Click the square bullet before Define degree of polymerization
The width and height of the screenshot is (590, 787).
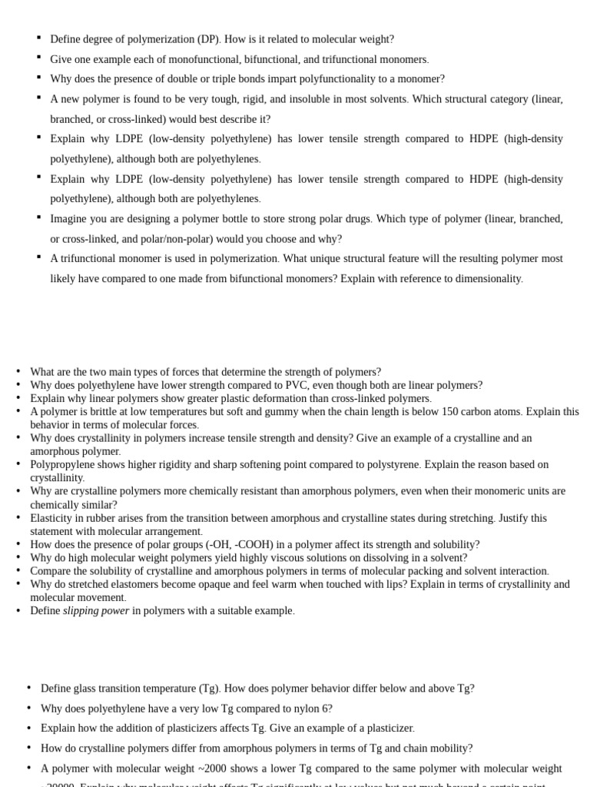(x=38, y=37)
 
